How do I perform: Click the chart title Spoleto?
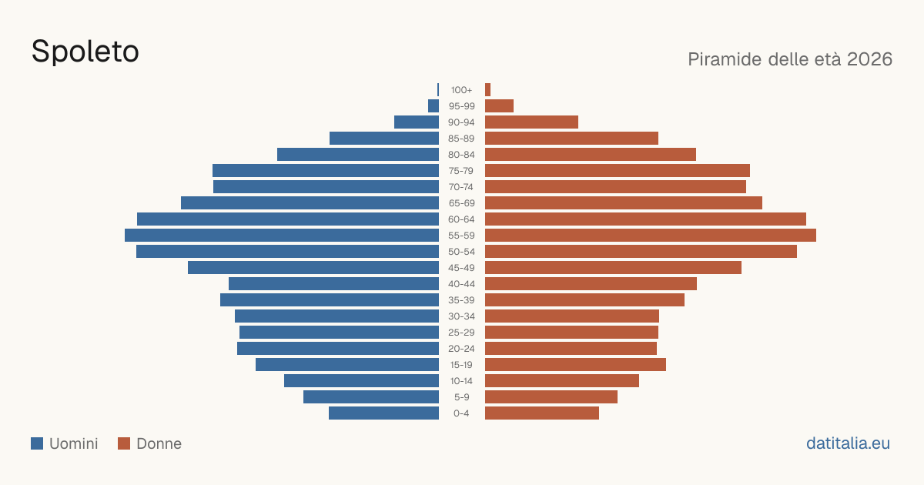[85, 52]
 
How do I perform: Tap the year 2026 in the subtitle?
[869, 59]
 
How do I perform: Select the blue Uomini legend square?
[37, 443]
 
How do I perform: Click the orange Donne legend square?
[124, 443]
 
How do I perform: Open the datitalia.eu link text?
[848, 443]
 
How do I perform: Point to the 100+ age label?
[461, 90]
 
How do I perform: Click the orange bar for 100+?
[487, 90]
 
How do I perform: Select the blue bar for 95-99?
[434, 106]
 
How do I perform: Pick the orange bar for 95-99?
[499, 106]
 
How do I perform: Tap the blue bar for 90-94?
[417, 122]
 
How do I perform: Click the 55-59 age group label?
[461, 236]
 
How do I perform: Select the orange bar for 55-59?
[651, 236]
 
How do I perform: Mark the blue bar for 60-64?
[288, 219]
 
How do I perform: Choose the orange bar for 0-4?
[542, 413]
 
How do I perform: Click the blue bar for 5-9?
[371, 397]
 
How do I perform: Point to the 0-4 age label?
[461, 413]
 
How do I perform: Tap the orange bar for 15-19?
[575, 365]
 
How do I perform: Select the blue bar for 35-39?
[330, 299]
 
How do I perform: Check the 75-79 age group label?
[461, 171]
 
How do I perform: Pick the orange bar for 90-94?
[532, 122]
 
